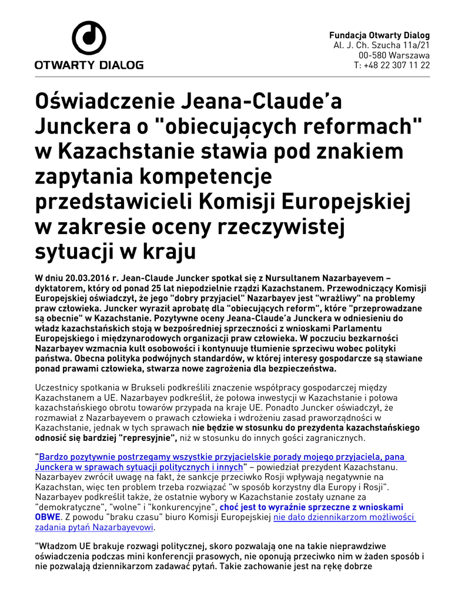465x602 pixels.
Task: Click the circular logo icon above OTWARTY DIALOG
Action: click(88, 38)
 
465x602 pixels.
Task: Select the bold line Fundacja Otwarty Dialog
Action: click(379, 35)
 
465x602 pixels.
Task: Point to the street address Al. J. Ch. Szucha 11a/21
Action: click(382, 45)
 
